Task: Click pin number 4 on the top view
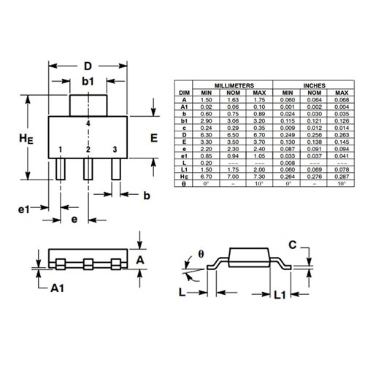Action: point(88,125)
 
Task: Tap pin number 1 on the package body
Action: point(61,149)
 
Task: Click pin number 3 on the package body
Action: point(115,149)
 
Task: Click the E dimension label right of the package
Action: point(154,137)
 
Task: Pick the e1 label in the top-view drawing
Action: point(24,210)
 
